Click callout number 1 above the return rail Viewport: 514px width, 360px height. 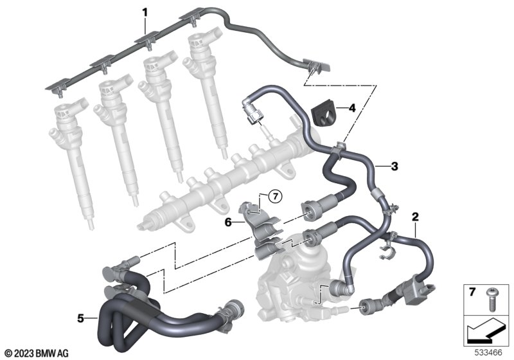pyautogui.click(x=145, y=13)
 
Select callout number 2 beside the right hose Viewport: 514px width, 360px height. pyautogui.click(x=415, y=217)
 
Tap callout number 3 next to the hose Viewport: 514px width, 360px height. pyautogui.click(x=394, y=166)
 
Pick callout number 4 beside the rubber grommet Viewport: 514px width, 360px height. pyautogui.click(x=352, y=107)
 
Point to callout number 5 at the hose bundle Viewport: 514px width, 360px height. pyautogui.click(x=81, y=318)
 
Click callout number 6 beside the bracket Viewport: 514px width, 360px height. pyautogui.click(x=228, y=222)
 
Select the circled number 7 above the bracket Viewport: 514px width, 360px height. pyautogui.click(x=275, y=197)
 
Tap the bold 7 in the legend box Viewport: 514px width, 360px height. pyautogui.click(x=472, y=292)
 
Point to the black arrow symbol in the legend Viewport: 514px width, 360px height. pyautogui.click(x=486, y=330)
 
